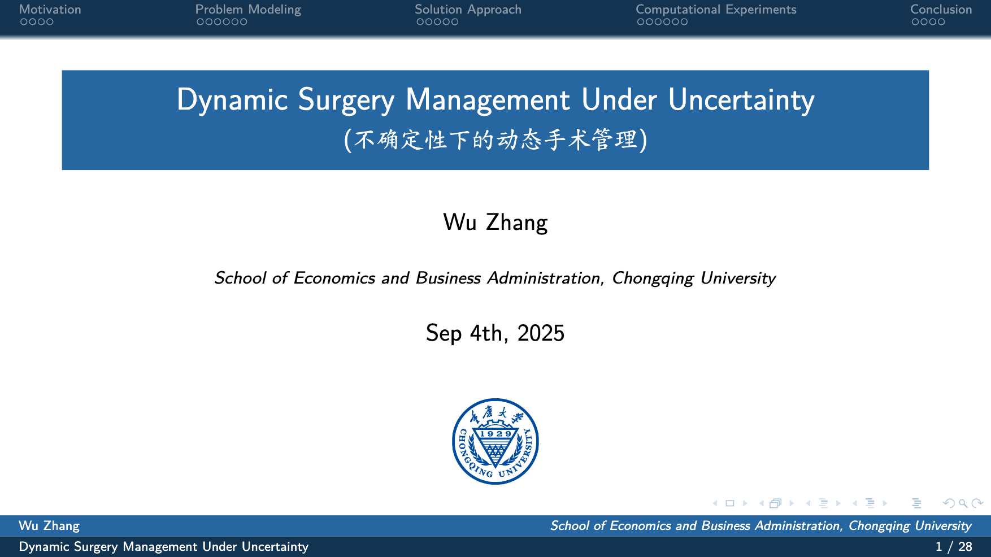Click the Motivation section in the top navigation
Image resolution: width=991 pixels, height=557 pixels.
50,10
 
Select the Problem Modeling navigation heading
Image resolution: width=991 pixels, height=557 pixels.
248,10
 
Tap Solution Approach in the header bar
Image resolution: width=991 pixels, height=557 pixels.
468,10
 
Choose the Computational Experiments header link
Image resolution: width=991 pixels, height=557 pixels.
716,10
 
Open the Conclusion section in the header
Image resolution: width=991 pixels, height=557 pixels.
941,10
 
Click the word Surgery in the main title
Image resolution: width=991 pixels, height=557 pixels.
346,100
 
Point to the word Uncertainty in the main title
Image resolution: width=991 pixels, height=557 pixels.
741,100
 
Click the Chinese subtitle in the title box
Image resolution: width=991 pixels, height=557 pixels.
495,140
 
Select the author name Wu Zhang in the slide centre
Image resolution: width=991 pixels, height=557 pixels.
495,223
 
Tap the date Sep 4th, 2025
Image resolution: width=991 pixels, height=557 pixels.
495,333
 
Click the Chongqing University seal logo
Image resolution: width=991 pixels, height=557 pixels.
495,441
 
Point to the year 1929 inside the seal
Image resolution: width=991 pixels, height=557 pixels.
495,434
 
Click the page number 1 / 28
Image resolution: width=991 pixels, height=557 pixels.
954,546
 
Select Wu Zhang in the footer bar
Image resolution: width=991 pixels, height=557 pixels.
49,526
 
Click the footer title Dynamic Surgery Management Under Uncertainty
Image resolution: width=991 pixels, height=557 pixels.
164,547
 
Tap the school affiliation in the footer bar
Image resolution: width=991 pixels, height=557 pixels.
761,526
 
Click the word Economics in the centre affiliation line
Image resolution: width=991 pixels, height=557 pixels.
334,278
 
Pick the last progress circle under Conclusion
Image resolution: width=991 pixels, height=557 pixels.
941,22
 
